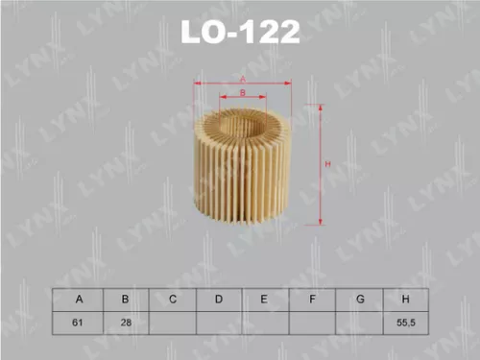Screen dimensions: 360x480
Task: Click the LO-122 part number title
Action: click(240, 33)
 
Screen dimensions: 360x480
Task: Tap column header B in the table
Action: click(125, 300)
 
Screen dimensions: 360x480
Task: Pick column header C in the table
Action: click(173, 300)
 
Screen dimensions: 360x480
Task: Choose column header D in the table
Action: click(219, 300)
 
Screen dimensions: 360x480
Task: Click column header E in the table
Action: click(266, 300)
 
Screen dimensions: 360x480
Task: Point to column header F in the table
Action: click(313, 300)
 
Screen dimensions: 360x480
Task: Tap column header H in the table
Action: click(406, 300)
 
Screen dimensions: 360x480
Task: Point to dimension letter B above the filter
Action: click(243, 91)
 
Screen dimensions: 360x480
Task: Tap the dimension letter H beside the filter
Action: click(327, 165)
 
